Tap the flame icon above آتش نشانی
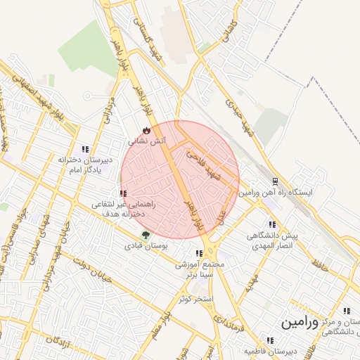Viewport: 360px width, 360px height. [x=146, y=130]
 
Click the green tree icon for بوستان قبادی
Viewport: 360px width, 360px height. [x=145, y=236]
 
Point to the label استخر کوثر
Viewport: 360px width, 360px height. [x=195, y=299]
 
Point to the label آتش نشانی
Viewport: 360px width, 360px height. [x=146, y=141]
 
